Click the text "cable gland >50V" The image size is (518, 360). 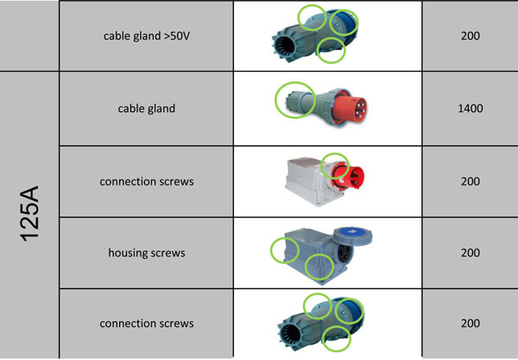coord(147,35)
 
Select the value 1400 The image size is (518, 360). coord(471,108)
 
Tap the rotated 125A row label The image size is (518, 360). coord(29,214)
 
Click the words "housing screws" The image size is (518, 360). coord(147,253)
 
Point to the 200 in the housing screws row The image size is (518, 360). coord(471,253)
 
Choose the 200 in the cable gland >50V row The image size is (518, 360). coord(471,35)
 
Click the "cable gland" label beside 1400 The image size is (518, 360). coord(147,108)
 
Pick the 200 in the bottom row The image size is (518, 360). coord(471,323)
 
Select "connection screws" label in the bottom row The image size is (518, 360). coord(147,323)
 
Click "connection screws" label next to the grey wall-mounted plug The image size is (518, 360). coord(147,181)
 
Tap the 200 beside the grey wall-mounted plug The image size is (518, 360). coord(471,181)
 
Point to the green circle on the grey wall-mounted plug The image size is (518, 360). coord(322,166)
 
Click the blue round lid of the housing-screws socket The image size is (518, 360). coord(353,237)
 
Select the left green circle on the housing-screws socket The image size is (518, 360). coord(271,250)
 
